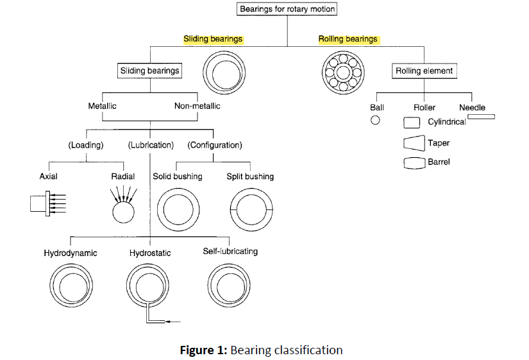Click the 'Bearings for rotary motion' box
(287, 9)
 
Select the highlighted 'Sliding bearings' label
(213, 39)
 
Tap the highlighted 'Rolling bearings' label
(348, 39)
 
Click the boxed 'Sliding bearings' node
(149, 71)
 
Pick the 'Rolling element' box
(424, 71)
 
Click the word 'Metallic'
(102, 106)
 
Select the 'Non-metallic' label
(197, 106)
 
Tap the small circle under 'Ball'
(376, 120)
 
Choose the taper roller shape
(414, 142)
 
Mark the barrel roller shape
(414, 163)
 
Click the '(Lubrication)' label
(151, 145)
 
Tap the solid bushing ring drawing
(177, 210)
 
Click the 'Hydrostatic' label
(150, 253)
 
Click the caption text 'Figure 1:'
(202, 350)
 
